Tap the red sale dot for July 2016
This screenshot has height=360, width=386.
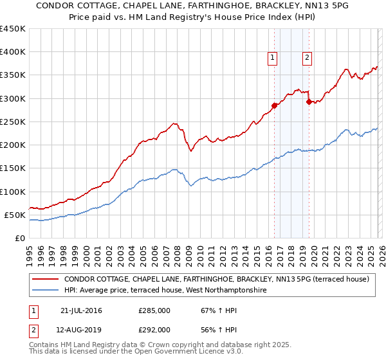tap(274, 105)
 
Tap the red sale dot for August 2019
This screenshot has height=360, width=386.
tap(309, 102)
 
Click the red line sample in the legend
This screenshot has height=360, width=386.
tap(46, 279)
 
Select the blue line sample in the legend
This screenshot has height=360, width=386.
tap(46, 291)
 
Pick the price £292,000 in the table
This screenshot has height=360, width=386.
tap(154, 329)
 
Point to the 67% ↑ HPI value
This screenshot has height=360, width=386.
tap(210, 310)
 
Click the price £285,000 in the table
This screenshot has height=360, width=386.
tap(154, 310)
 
